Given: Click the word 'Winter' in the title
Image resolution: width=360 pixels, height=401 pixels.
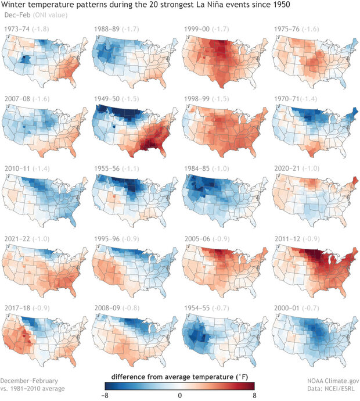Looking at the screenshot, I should (x=15, y=5).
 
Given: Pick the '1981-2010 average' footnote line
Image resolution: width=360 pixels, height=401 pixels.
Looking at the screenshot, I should (x=34, y=388).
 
